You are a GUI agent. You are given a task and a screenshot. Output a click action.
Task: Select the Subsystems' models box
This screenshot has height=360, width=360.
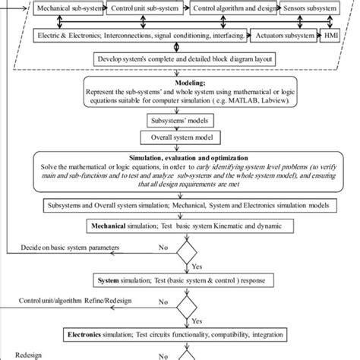coord(180,120)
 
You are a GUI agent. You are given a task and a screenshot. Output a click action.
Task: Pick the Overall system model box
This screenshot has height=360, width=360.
coord(180,138)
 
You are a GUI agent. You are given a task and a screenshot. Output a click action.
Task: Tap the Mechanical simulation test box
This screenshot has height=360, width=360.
coord(180,226)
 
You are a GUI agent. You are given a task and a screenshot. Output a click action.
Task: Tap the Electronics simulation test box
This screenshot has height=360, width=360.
coord(180,333)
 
